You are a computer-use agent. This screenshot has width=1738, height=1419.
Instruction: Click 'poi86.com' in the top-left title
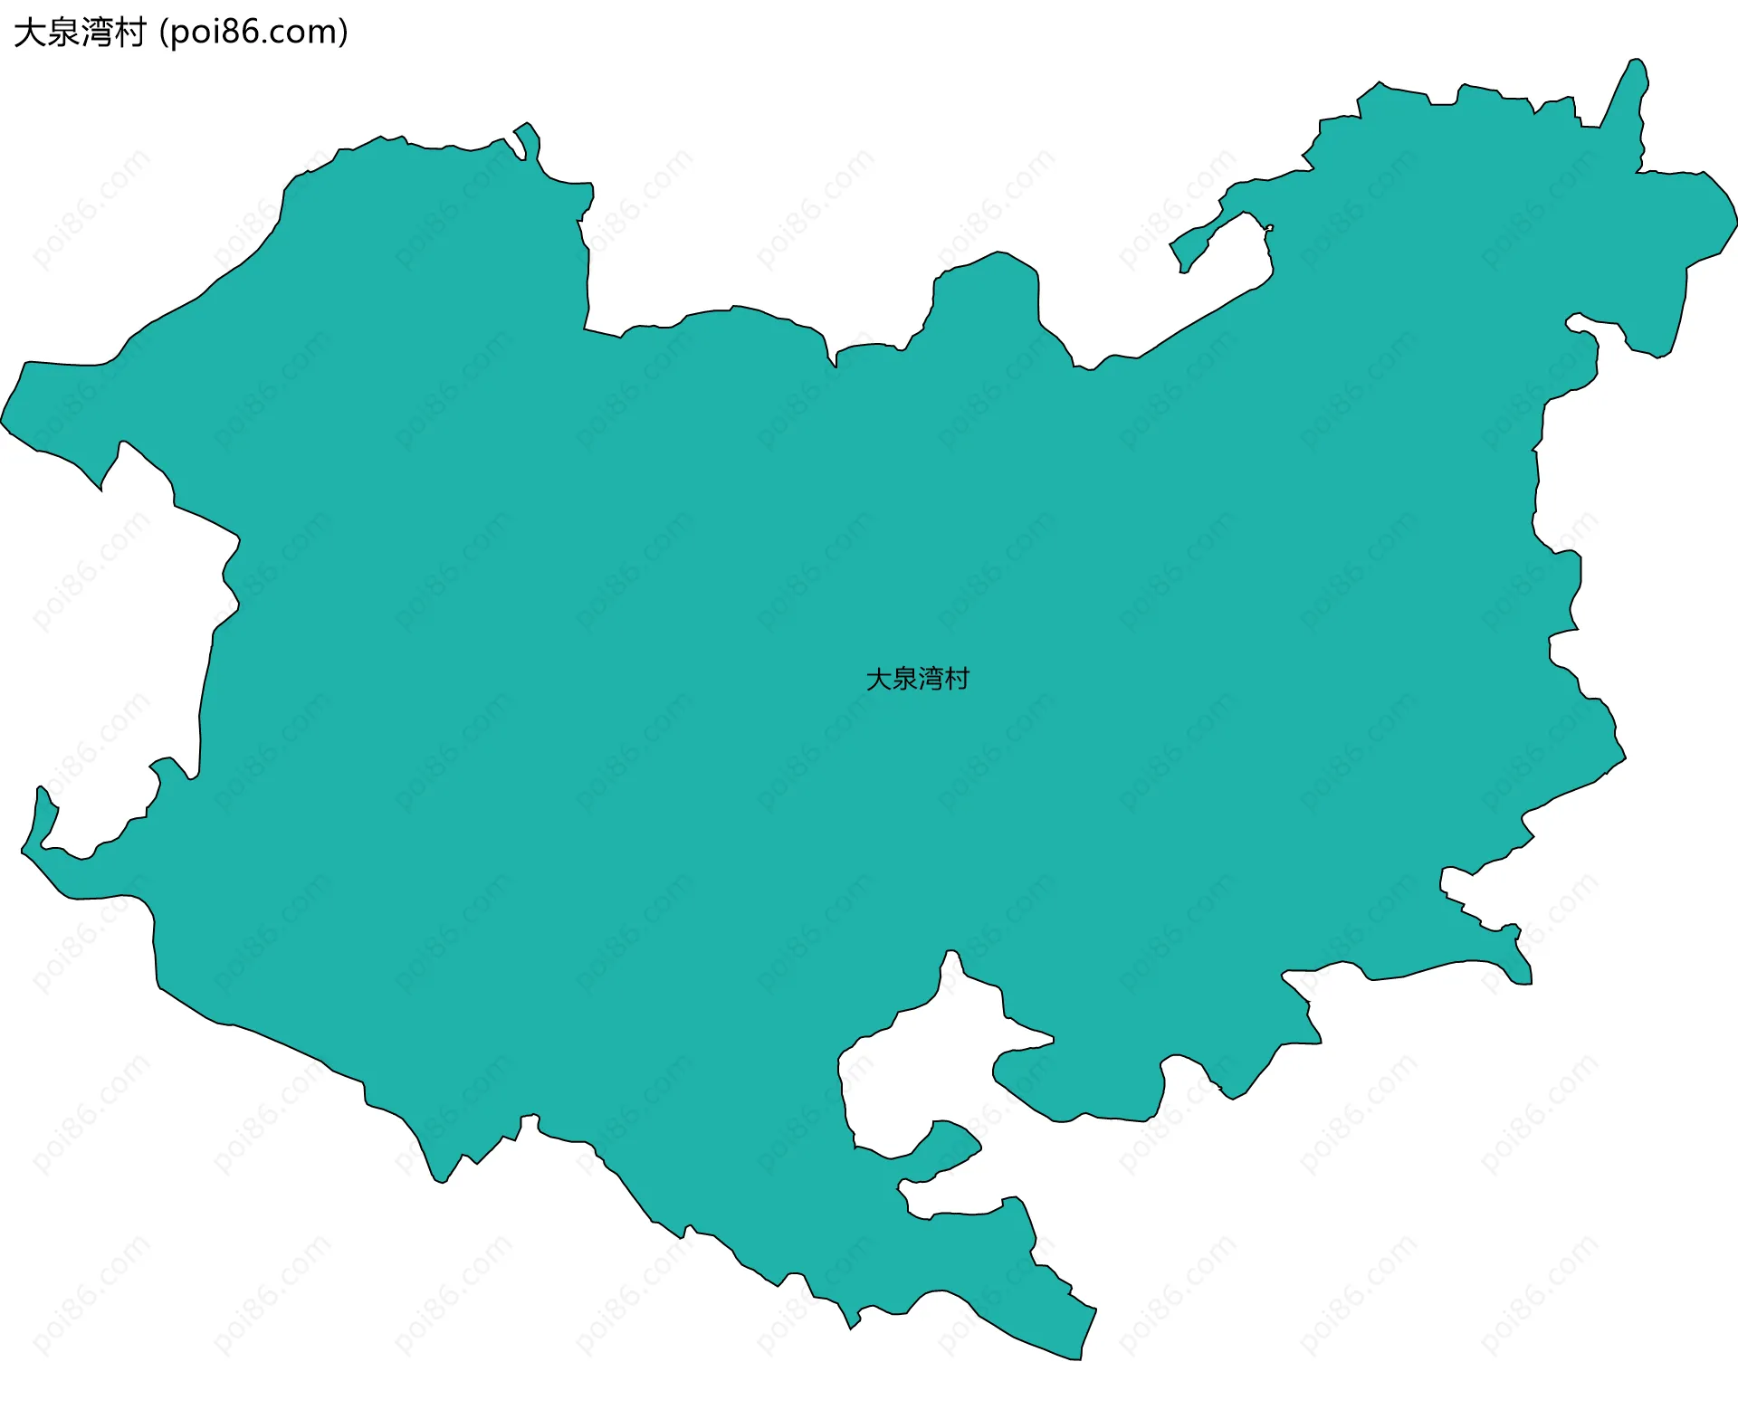253,33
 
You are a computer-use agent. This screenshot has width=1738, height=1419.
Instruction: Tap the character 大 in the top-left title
30,33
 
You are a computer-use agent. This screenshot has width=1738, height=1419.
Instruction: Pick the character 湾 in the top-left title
97,33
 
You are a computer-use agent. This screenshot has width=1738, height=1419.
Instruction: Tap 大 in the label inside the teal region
879,679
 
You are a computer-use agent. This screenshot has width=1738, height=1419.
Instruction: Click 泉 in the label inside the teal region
905,679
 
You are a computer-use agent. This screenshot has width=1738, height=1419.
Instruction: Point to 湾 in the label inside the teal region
931,679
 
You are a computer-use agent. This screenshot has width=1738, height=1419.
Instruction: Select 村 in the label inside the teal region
958,679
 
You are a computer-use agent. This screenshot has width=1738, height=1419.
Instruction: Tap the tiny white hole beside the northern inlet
1269,228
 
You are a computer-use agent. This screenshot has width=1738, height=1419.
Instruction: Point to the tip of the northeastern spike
1636,61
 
